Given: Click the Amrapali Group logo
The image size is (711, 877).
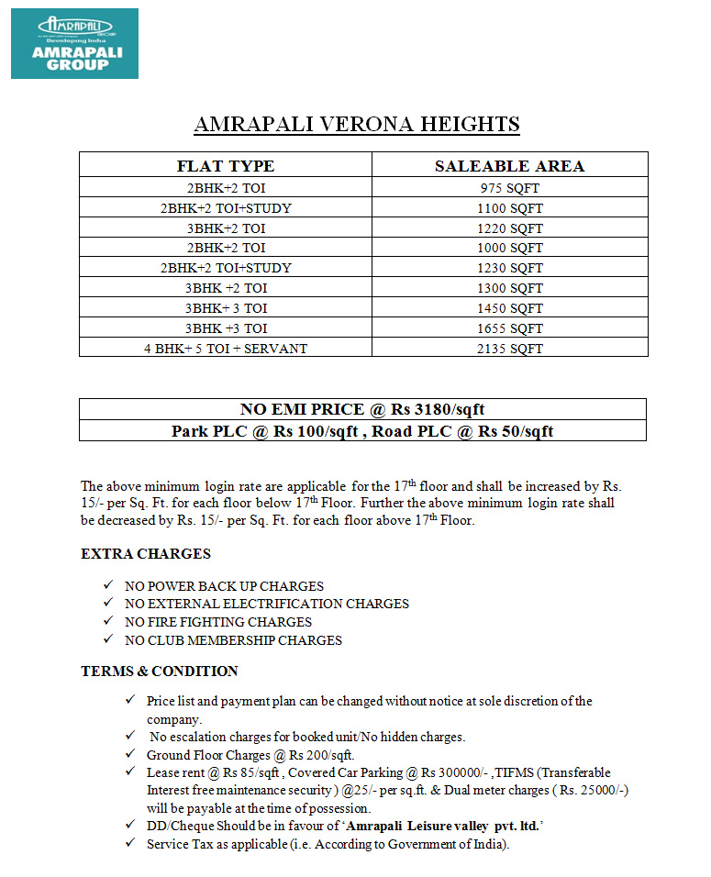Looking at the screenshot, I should (x=74, y=43).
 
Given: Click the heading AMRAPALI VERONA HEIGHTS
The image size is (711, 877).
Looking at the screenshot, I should (x=357, y=125).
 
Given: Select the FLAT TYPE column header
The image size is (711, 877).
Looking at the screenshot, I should (x=226, y=166).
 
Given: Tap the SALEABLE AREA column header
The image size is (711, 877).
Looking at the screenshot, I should (x=509, y=166).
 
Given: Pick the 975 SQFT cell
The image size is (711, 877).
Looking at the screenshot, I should (x=509, y=188).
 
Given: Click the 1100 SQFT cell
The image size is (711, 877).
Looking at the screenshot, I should (x=509, y=208).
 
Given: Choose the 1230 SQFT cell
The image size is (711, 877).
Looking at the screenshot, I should (x=509, y=268).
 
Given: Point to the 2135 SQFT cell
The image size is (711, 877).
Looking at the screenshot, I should (x=509, y=349).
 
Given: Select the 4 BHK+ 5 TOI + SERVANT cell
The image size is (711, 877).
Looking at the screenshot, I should (x=226, y=349).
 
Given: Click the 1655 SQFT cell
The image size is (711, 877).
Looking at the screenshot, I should (x=509, y=328).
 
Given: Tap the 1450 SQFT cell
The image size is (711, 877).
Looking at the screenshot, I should (x=509, y=308).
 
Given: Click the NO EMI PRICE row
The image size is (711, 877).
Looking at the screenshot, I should (x=362, y=409).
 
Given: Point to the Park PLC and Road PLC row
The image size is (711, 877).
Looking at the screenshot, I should (x=362, y=430).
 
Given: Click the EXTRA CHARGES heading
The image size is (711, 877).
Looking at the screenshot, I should (x=146, y=554).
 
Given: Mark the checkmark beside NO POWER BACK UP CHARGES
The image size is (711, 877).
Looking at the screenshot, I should (x=107, y=585).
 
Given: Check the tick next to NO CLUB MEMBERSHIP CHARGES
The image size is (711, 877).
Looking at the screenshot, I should (x=107, y=640).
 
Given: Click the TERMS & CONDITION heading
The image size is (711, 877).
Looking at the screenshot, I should (x=160, y=672).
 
